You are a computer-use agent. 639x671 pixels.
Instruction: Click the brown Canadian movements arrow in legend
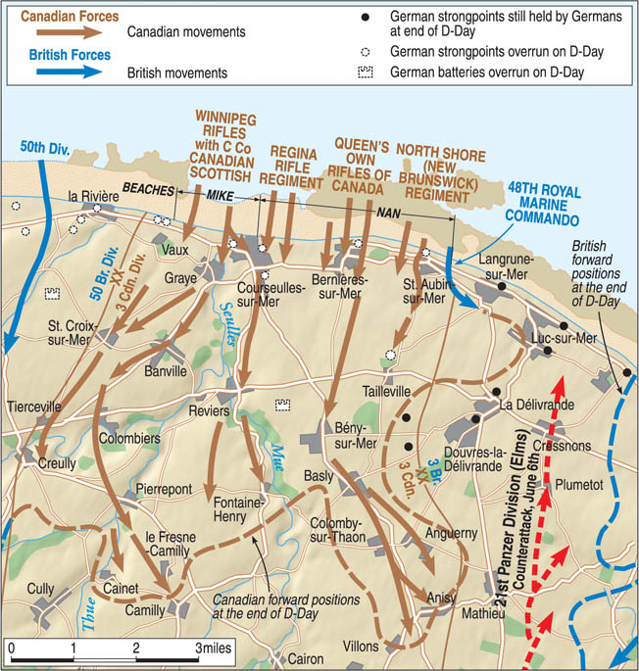click(x=74, y=31)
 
